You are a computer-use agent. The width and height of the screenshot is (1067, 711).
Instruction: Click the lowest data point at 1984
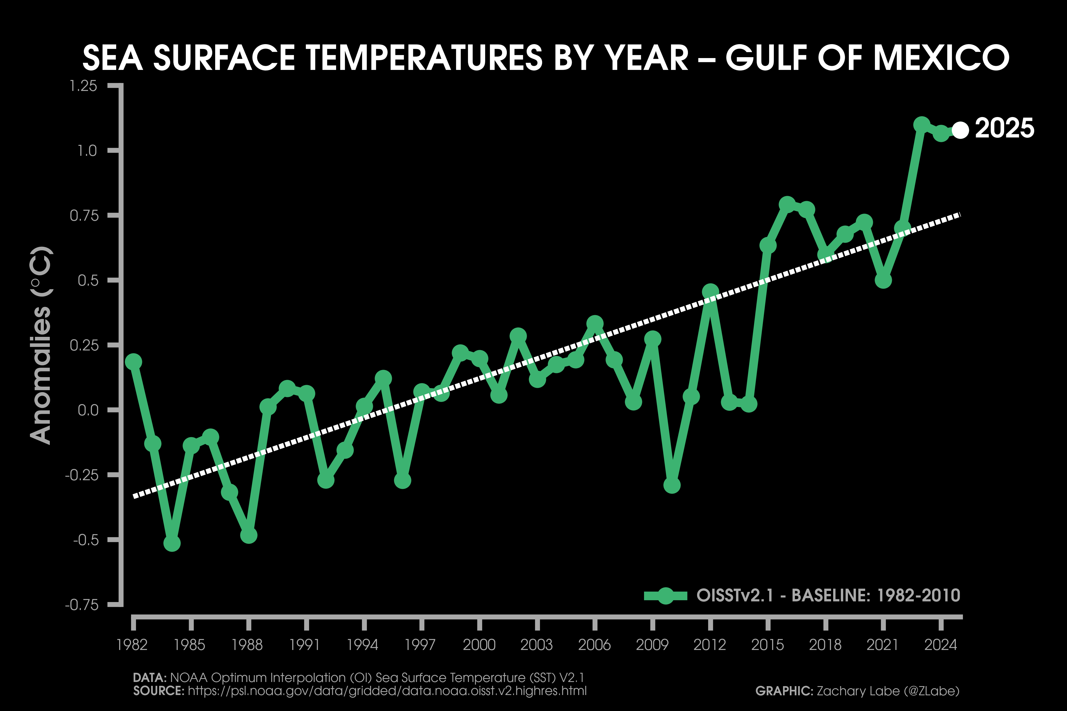point(172,543)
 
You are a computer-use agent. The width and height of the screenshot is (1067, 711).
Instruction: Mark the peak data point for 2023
point(921,124)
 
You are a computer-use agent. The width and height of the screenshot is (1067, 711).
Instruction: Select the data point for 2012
point(710,292)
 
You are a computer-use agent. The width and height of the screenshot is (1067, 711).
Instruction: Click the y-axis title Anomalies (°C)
point(41,345)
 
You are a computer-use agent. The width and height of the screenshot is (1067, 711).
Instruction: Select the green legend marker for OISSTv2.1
point(665,595)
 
